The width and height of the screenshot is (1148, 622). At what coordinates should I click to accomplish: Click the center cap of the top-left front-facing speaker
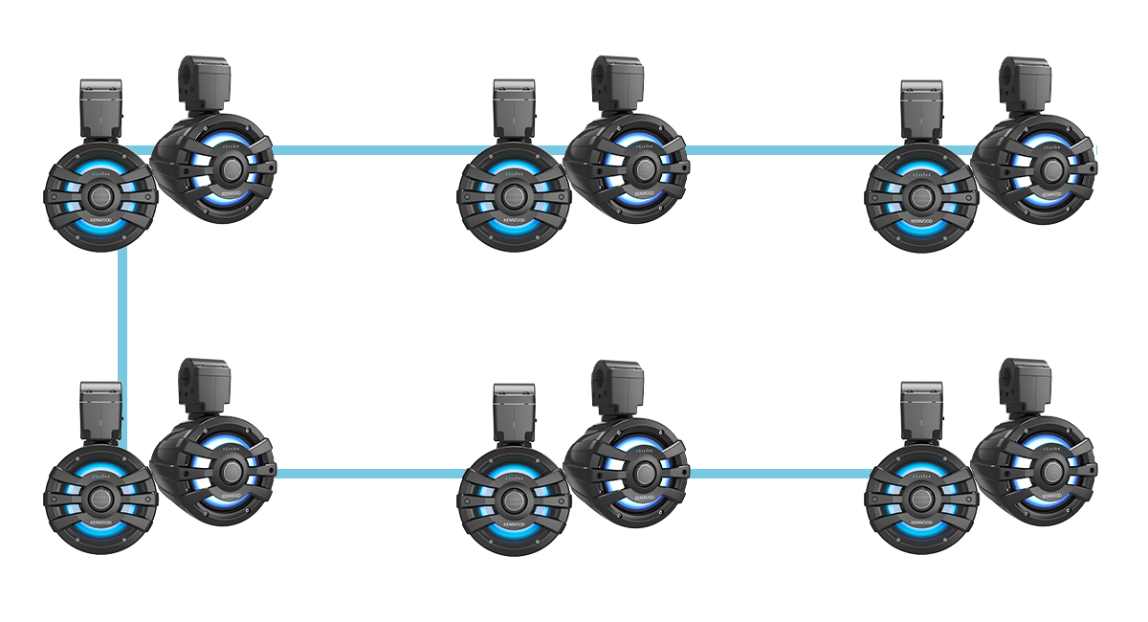(99, 196)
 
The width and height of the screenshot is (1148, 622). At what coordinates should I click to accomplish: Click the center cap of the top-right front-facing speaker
(921, 196)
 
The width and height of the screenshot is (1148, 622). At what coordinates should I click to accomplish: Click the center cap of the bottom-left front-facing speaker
(99, 498)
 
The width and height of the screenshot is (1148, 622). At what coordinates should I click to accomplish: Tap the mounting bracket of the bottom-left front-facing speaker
(100, 411)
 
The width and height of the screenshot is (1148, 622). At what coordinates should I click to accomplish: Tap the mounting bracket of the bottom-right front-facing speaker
(921, 411)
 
